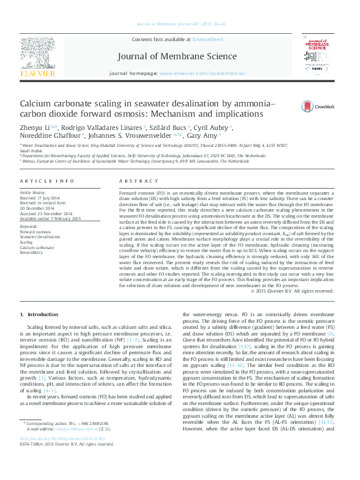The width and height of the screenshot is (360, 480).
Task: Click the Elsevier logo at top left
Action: (x=38, y=57)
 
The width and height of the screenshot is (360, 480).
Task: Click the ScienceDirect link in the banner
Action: (x=208, y=39)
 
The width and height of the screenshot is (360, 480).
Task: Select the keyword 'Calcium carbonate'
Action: (x=36, y=247)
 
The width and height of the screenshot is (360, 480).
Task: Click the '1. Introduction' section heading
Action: (x=39, y=315)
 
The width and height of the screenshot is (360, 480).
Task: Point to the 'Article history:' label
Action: (x=33, y=192)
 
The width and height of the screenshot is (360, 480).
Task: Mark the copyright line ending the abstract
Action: (x=292, y=291)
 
